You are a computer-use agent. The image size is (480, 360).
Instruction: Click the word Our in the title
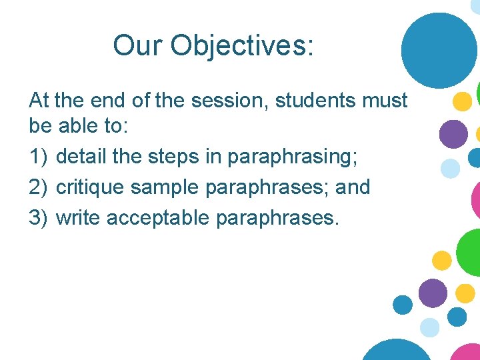click(x=138, y=45)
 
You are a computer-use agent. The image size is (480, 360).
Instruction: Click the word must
click(x=387, y=101)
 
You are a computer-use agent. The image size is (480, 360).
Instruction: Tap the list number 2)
click(x=39, y=187)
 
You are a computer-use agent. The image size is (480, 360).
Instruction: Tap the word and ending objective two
click(x=353, y=187)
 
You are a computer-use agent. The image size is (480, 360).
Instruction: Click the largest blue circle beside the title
click(x=439, y=51)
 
